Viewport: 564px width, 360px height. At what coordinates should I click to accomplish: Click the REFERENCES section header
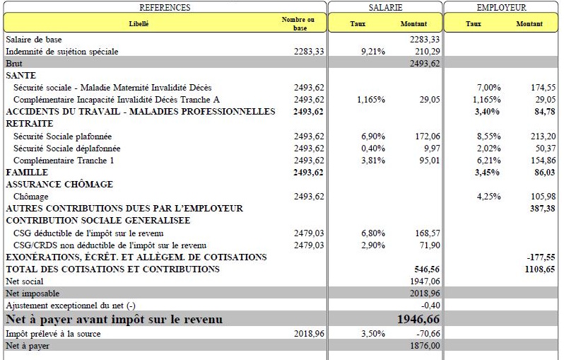coord(165,7)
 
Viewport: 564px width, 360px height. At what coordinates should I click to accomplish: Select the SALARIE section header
coord(385,7)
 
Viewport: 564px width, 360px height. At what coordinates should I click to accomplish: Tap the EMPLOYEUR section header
coord(502,7)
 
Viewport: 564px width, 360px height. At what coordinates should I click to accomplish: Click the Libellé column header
coord(139,23)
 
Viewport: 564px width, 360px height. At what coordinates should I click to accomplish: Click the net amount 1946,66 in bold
coord(418,320)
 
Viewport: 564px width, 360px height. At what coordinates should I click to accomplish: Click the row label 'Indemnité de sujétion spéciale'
coord(62,52)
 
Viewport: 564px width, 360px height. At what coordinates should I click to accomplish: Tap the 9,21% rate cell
coord(372,52)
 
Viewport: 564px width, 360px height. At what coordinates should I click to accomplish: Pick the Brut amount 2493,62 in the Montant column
coord(425,64)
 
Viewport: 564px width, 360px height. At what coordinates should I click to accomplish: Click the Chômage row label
coord(31,196)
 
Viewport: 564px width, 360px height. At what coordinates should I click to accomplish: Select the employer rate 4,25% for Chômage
coord(488,196)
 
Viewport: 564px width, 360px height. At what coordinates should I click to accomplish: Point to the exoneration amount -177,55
coord(541,257)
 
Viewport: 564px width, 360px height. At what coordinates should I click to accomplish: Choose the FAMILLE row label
coord(27,172)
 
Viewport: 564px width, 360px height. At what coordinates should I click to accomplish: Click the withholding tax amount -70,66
coord(426,334)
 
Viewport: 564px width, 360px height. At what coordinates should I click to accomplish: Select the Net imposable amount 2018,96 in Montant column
coord(425,293)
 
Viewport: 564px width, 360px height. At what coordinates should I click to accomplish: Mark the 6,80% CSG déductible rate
coord(372,233)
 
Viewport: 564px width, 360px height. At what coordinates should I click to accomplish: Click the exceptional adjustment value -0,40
coord(430,305)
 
